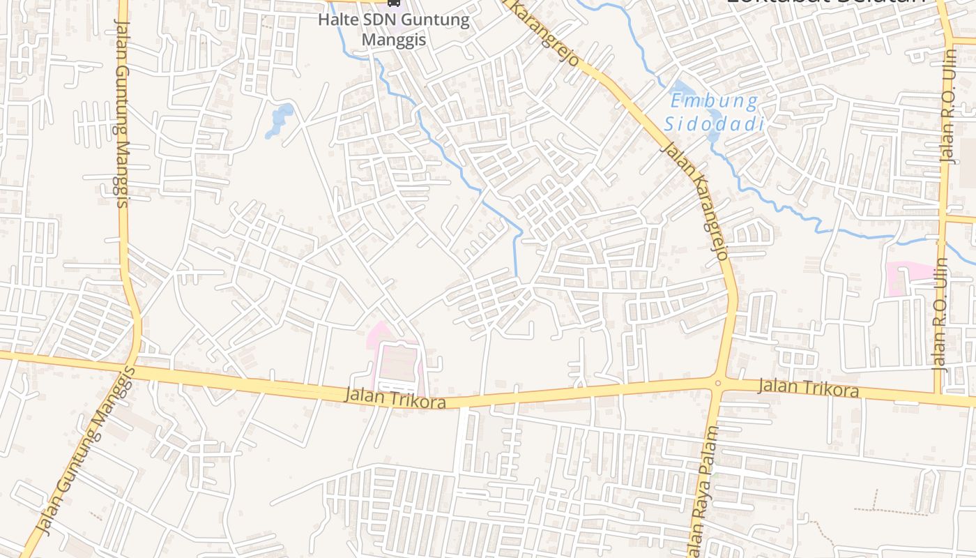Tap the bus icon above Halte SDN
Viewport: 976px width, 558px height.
[x=394, y=3]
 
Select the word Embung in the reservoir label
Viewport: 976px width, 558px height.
[x=713, y=102]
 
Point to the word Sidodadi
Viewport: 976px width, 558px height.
[x=713, y=124]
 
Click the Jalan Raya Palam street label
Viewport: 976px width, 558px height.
[x=703, y=502]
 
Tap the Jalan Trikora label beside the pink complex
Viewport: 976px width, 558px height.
[x=395, y=398]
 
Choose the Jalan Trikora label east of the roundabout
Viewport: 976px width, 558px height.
[x=808, y=387]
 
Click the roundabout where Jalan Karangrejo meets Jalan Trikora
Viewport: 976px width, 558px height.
[x=718, y=382]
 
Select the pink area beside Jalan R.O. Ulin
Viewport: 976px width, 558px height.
[x=906, y=277]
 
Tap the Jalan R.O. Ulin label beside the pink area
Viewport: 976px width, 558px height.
[x=940, y=314]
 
